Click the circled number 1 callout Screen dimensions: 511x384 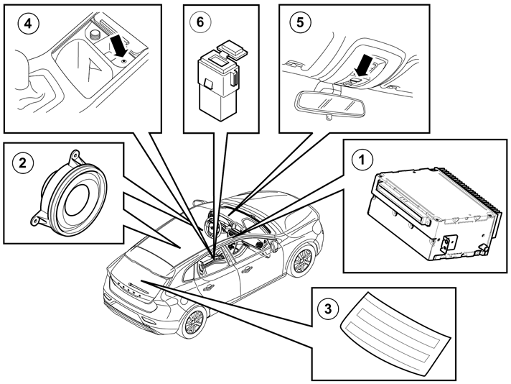(x=362, y=160)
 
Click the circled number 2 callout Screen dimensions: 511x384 (x=22, y=163)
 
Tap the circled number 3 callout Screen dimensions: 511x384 (x=328, y=308)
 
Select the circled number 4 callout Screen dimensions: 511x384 (x=29, y=23)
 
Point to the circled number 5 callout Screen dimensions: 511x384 (x=300, y=22)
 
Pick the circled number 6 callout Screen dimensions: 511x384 (x=200, y=22)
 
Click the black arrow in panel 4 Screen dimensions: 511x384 (x=118, y=47)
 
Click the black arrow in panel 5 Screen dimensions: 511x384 (x=362, y=66)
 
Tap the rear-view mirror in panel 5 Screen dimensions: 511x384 (x=329, y=104)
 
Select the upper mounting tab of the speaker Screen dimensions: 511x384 (x=75, y=157)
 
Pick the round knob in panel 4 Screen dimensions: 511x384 (x=95, y=35)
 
